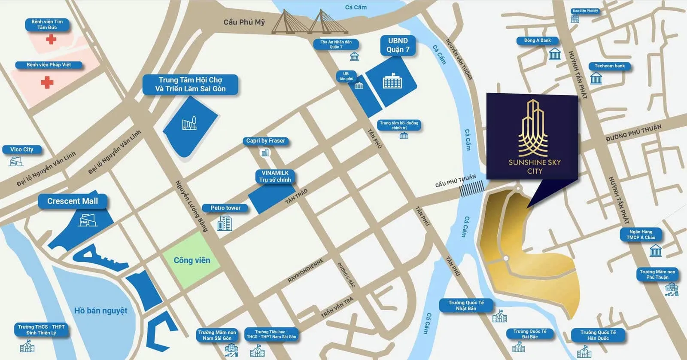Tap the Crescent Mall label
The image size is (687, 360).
(x=73, y=201)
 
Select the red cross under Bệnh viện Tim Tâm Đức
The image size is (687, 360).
(x=51, y=40)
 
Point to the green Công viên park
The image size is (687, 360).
(x=192, y=260)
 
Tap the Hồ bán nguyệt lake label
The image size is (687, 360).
(x=101, y=311)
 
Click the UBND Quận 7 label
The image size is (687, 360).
(x=398, y=45)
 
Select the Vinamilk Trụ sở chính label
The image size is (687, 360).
(x=275, y=176)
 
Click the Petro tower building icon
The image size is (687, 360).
(x=224, y=223)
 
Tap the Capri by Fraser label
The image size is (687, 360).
(x=265, y=140)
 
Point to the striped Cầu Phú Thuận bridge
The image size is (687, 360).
(x=472, y=189)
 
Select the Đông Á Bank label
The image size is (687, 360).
(x=537, y=40)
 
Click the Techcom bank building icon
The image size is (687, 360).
(x=596, y=78)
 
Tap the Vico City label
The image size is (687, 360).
(x=22, y=149)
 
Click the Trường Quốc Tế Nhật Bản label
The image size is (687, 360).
(x=466, y=305)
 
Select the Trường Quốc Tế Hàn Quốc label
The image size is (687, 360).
(x=598, y=335)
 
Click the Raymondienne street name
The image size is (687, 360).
(x=306, y=271)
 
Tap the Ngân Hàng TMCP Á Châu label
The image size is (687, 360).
(x=641, y=234)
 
